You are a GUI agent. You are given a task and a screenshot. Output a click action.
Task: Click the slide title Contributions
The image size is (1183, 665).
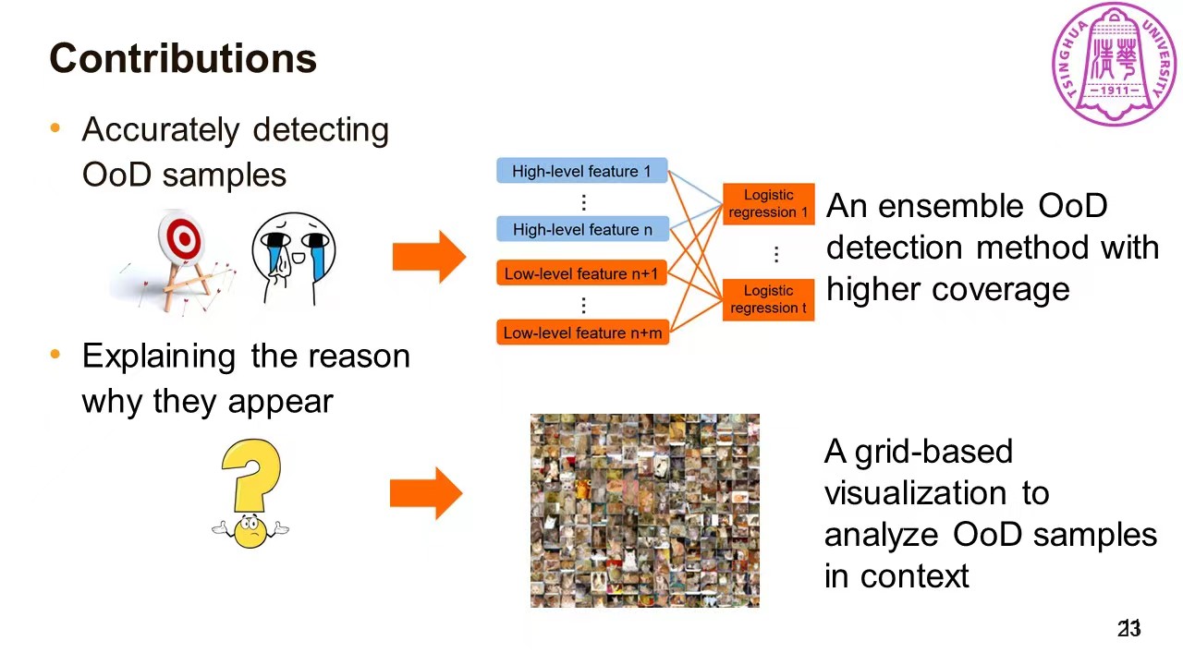point(183,58)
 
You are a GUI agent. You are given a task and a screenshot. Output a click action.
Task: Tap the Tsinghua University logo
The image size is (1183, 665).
point(1114,64)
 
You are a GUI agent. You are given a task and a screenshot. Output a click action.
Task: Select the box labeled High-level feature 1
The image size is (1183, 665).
point(581,171)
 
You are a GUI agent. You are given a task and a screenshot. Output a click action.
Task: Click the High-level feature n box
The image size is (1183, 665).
point(581,229)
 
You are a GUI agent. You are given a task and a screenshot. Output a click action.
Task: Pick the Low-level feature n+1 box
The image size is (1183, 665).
point(581,273)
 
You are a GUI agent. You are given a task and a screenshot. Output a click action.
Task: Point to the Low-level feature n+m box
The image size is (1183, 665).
point(581,332)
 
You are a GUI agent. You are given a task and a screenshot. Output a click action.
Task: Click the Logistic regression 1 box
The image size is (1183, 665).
point(768,204)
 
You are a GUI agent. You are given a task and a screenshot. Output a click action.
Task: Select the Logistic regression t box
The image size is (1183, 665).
point(768,299)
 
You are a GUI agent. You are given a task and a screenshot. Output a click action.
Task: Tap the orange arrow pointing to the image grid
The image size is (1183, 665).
point(426,493)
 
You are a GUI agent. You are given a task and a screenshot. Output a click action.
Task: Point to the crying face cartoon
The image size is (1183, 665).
point(293,257)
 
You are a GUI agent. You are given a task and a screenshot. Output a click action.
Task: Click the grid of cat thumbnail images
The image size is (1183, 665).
point(644,511)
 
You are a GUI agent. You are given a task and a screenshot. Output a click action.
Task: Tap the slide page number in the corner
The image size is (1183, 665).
point(1129,629)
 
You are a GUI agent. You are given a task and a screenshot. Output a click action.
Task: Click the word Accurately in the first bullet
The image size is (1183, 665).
point(161,129)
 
